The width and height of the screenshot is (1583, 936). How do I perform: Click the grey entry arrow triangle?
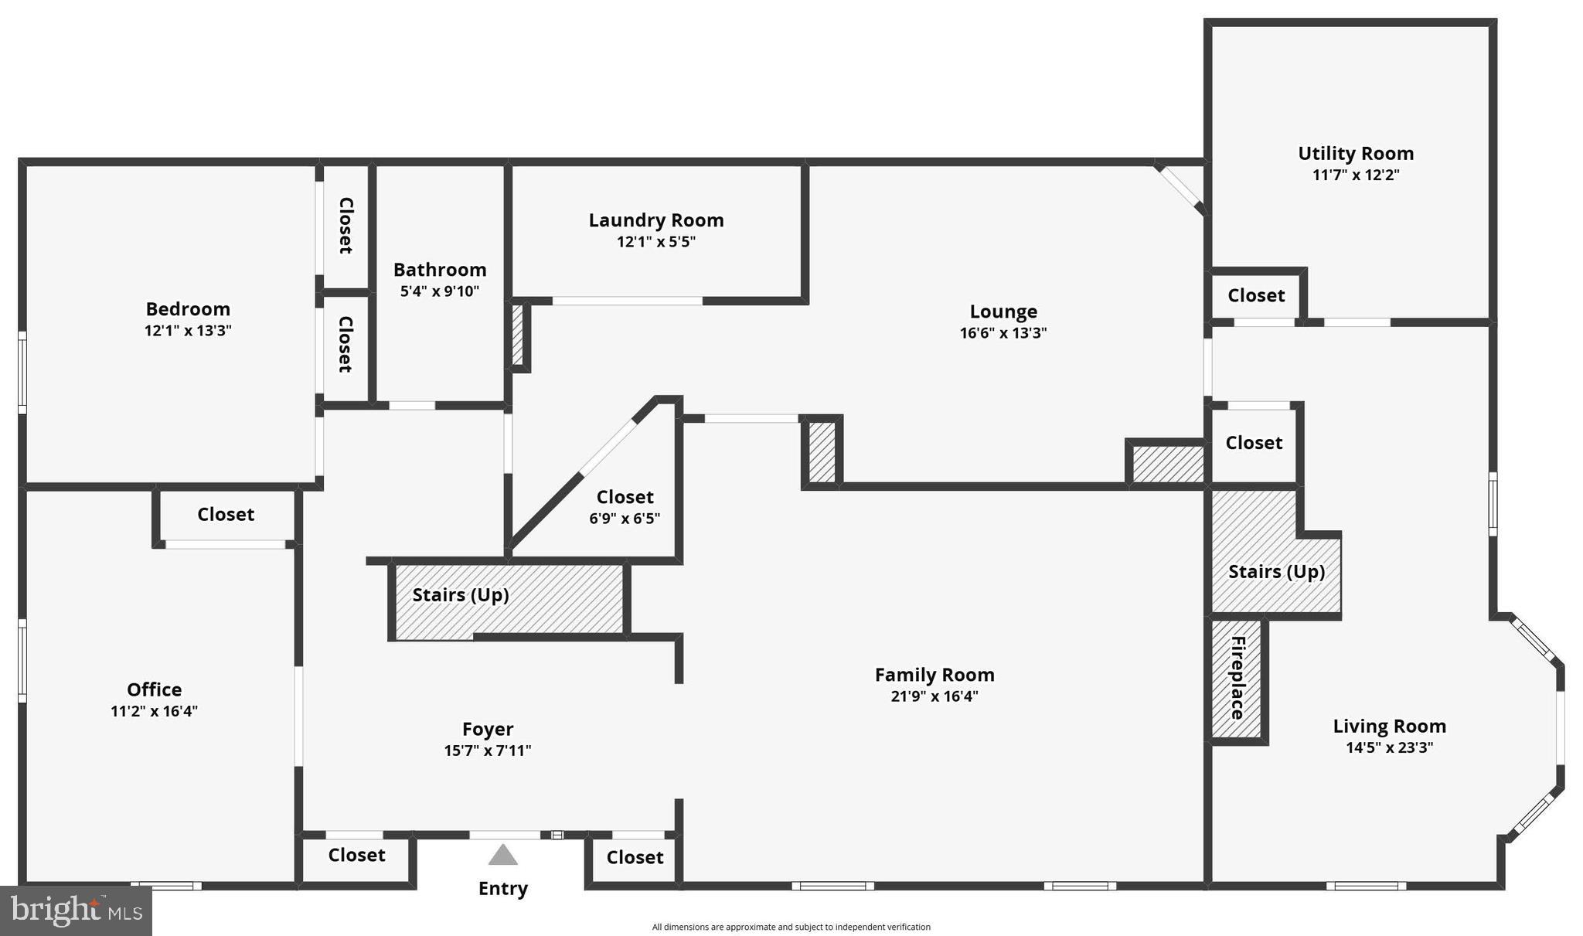502,855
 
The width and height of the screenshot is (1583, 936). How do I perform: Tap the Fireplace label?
1237,678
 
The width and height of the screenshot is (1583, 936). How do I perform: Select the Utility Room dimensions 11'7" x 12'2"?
1356,175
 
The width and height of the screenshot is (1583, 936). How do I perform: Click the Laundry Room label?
656,220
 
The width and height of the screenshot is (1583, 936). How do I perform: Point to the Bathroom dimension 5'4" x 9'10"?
440,291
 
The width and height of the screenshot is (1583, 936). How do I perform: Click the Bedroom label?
188,309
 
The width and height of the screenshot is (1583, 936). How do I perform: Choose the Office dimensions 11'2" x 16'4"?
154,711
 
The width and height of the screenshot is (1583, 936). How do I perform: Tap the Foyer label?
488,729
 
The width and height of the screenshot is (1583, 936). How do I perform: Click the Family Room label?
934,675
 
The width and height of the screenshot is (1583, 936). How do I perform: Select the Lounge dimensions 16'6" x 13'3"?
1003,333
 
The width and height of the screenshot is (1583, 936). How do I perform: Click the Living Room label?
1389,726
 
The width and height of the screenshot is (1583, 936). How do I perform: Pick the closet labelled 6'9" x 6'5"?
625,506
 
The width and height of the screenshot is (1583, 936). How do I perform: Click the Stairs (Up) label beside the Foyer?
461,594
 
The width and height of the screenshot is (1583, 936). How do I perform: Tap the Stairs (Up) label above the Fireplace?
1276,571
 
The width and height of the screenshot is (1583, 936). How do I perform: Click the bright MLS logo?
76,910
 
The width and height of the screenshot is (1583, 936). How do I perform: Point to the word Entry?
502,888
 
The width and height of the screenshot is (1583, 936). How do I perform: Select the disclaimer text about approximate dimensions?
791,927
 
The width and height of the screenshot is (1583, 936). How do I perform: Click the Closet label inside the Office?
226,514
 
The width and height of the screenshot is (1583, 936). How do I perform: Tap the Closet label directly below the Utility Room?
1256,295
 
